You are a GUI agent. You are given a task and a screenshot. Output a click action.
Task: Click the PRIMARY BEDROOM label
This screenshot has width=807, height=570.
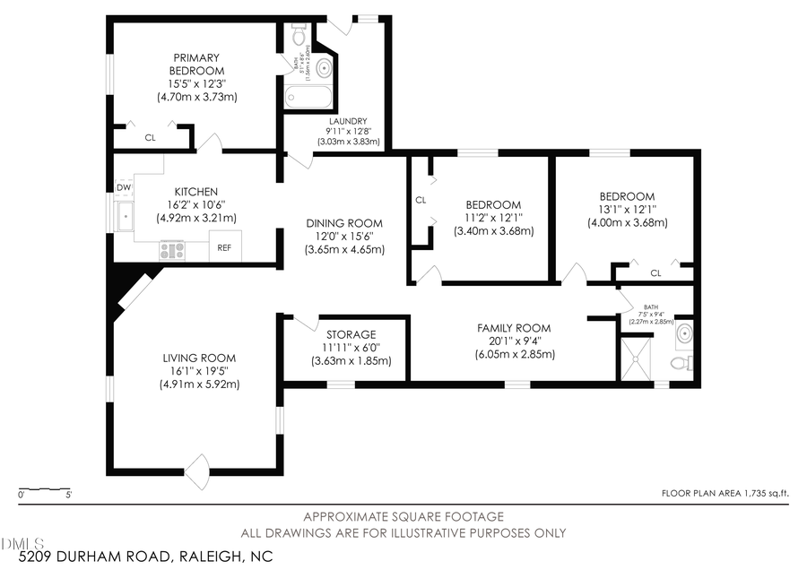(197, 64)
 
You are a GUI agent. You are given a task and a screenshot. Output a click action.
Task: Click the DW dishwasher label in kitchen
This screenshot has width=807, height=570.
(124, 187)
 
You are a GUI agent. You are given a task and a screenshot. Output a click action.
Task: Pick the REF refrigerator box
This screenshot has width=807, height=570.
(224, 247)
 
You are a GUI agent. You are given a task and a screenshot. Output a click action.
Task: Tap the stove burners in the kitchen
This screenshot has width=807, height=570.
(172, 250)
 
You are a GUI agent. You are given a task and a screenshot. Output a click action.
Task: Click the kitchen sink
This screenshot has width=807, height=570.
(125, 216)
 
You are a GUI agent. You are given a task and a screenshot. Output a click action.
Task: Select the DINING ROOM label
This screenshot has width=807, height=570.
(344, 223)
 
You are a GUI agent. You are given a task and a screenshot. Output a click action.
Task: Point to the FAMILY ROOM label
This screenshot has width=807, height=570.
(514, 328)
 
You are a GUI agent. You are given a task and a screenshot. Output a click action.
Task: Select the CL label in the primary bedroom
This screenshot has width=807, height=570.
(150, 138)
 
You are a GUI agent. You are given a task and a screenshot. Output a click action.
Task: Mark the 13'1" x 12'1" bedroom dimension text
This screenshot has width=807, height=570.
(627, 210)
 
